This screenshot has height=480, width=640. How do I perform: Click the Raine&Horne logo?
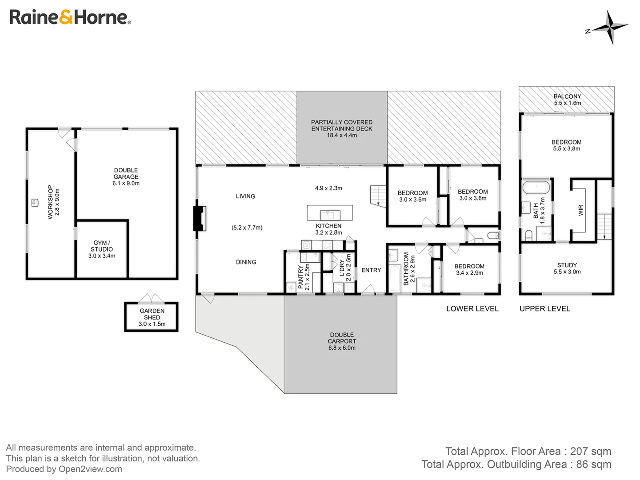pos(70,17)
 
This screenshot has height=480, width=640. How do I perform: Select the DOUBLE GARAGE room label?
pos(126,173)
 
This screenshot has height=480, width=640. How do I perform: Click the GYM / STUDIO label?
pos(102,246)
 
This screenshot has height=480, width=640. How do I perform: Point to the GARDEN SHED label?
pos(152,314)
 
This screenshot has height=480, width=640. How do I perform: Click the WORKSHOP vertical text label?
pos(50,202)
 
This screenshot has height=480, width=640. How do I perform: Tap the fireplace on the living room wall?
pos(200,218)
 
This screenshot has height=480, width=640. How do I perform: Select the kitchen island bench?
pos(330,213)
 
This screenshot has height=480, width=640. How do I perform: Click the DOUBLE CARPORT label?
pos(342,338)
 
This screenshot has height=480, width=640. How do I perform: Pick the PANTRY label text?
pos(301,277)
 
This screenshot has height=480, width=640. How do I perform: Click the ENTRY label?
pos(371,270)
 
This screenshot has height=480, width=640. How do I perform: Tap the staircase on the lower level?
pos(378,196)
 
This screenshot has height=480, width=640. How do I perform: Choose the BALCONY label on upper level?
pos(567,96)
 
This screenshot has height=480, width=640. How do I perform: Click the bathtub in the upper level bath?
pos(536,187)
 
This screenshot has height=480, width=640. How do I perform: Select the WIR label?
pos(580,210)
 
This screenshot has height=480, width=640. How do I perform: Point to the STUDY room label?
pos(567,265)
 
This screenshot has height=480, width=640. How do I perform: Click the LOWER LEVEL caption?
pos(472,309)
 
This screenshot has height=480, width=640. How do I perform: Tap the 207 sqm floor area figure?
pos(591,452)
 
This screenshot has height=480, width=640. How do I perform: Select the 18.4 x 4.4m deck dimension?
pos(342,136)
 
